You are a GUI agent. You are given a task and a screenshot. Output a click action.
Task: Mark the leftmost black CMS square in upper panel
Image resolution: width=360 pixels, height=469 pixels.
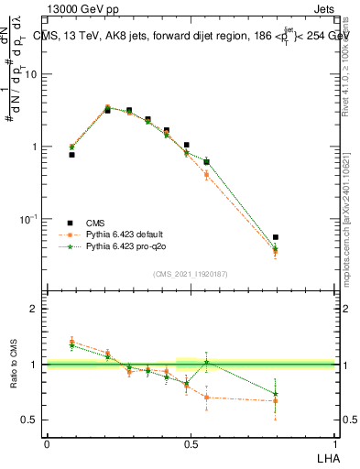pyautogui.click(x=71, y=155)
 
